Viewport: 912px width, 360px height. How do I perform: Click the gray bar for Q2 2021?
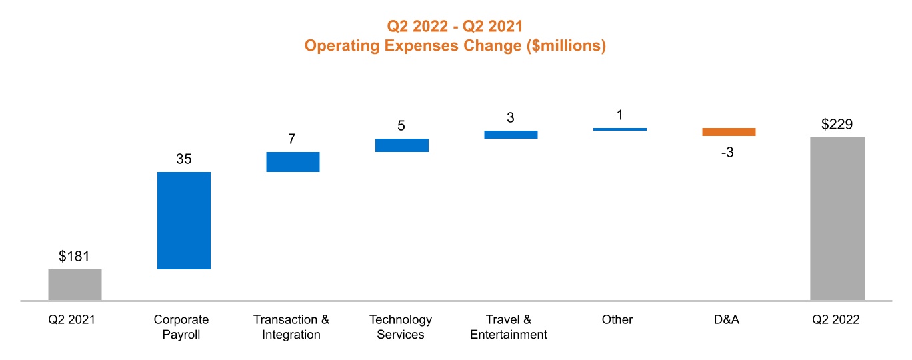coord(75,285)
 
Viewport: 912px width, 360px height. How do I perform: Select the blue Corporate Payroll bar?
coord(184,220)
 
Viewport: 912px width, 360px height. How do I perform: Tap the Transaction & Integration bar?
coord(293,162)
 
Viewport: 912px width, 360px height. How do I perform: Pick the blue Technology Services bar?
coord(401,145)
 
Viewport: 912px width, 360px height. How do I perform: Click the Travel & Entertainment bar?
coord(511,135)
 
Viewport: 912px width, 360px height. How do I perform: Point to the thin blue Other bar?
coord(619,129)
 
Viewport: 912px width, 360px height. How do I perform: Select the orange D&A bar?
coord(729,132)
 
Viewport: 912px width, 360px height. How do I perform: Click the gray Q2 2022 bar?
coord(837,219)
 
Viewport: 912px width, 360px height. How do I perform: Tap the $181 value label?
coord(74,257)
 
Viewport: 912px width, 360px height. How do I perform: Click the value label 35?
coord(184,159)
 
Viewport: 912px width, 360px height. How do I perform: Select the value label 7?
coord(292,139)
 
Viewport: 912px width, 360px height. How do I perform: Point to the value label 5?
coord(401,126)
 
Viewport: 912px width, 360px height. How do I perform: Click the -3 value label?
coord(727,153)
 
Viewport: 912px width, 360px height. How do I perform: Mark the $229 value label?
coord(837,125)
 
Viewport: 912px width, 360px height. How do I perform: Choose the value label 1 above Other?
coord(619,115)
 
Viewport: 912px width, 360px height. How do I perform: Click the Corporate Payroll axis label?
coord(181,327)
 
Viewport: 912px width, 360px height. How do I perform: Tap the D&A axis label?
coord(727,320)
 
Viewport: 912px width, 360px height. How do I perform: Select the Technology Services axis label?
coord(401,327)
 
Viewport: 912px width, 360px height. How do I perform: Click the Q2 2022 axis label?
coord(836,320)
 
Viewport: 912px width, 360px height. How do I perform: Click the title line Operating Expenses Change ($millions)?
coord(455,46)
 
